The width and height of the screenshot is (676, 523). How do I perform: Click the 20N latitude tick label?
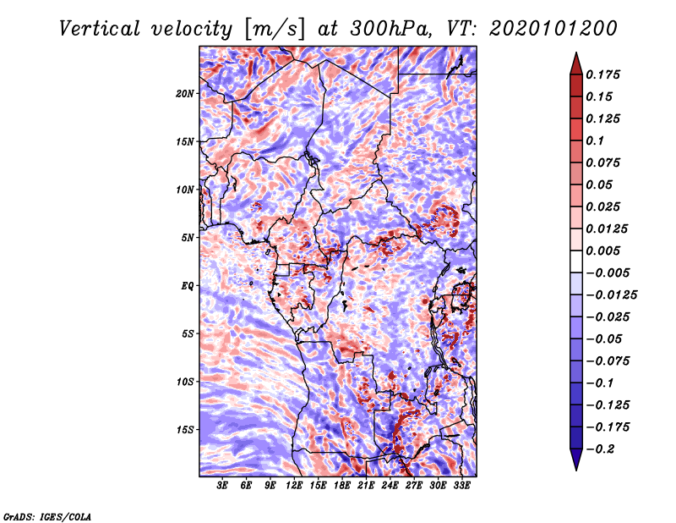(x=185, y=93)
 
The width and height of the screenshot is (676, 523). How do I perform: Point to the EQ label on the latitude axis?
(x=187, y=285)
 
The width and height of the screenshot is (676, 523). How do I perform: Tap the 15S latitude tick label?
(x=185, y=429)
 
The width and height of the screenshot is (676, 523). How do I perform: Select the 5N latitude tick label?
(x=188, y=237)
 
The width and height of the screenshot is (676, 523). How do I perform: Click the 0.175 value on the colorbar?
(x=606, y=74)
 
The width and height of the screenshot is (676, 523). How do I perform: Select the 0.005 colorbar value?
(x=606, y=250)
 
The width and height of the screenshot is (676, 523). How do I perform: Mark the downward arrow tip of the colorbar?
(x=575, y=469)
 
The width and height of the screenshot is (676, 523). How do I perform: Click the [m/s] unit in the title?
(x=274, y=28)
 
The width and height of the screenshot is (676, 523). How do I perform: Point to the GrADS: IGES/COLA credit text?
(x=46, y=515)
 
